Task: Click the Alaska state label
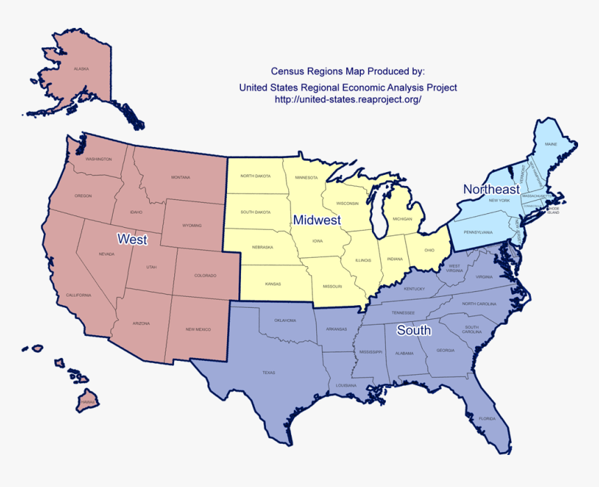point(81,69)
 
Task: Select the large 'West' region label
point(132,240)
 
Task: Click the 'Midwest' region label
point(317,220)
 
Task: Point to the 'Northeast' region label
point(491,190)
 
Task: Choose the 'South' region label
point(414,330)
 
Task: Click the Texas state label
point(269,373)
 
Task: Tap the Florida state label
point(487,419)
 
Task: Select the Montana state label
point(180,178)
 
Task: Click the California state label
point(78,295)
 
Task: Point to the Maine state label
point(551,144)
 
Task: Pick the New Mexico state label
point(198,329)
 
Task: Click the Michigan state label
point(403,219)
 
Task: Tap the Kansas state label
point(273,284)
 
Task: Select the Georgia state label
point(446,350)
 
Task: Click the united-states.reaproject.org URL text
point(348,100)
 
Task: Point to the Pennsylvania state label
point(478,232)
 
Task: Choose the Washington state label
point(98,159)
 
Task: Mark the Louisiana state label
point(346,385)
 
